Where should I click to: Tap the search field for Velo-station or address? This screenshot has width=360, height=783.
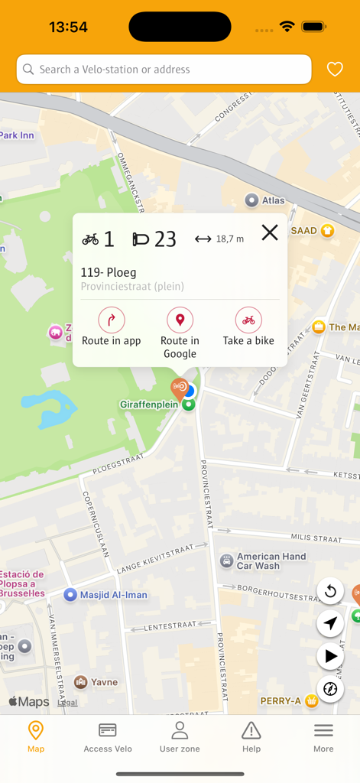click(x=164, y=69)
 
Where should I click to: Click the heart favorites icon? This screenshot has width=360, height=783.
click(x=335, y=69)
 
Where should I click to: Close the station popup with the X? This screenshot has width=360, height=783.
click(x=270, y=232)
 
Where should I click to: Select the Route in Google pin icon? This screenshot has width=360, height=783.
click(x=180, y=320)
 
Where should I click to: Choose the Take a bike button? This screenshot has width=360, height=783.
click(x=248, y=320)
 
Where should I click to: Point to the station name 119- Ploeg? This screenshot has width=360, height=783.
click(x=109, y=272)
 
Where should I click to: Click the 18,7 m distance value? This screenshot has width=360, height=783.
click(x=229, y=239)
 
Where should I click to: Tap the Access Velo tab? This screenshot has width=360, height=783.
click(x=108, y=737)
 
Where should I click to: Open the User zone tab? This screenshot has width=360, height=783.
click(x=180, y=737)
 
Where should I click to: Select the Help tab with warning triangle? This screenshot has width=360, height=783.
click(x=251, y=737)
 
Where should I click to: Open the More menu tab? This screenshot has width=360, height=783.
click(x=323, y=737)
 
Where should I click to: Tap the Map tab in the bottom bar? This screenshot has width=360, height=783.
click(x=36, y=737)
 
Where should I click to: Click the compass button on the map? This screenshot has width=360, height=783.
click(x=330, y=689)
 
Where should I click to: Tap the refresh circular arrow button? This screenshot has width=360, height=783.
click(x=330, y=591)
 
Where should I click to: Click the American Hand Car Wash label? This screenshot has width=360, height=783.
click(x=271, y=561)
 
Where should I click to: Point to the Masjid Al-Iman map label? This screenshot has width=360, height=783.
click(x=113, y=595)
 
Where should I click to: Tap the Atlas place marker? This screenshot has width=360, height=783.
click(x=251, y=200)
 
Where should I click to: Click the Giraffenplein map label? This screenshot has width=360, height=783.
click(x=149, y=404)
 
